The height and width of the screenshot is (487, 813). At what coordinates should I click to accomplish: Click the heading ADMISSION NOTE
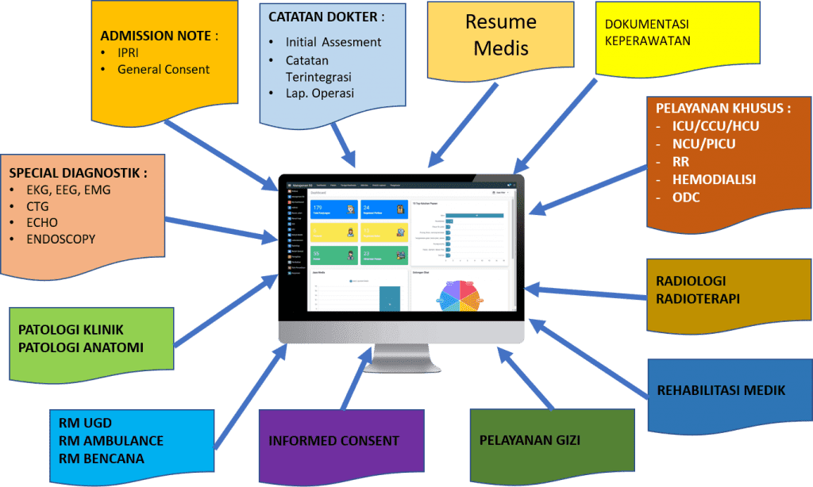pyautogui.click(x=159, y=36)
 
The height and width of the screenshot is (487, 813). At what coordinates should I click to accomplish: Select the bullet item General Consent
pyautogui.click(x=164, y=70)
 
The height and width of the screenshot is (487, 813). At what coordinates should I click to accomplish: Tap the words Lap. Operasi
pyautogui.click(x=320, y=94)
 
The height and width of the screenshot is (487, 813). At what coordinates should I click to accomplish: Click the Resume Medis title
pyautogui.click(x=500, y=34)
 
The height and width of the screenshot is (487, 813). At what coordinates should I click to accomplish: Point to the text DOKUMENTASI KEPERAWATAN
pyautogui.click(x=647, y=33)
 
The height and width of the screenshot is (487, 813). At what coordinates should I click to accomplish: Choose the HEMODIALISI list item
pyautogui.click(x=703, y=180)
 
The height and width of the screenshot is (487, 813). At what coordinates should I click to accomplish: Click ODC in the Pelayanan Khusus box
pyautogui.click(x=686, y=197)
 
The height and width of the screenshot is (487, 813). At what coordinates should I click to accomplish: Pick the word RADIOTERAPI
pyautogui.click(x=698, y=298)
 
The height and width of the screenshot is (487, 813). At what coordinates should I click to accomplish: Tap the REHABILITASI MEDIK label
pyautogui.click(x=721, y=390)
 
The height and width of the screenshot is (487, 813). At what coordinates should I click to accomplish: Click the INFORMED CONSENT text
pyautogui.click(x=333, y=441)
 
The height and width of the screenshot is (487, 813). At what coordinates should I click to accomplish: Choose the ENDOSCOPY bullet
pyautogui.click(x=61, y=239)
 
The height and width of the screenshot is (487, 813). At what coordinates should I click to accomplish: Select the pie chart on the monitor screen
pyautogui.click(x=460, y=294)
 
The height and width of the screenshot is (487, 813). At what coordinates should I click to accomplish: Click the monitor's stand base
pyautogui.click(x=401, y=366)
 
